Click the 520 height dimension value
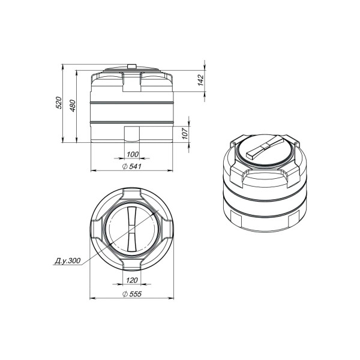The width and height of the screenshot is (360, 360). click(x=59, y=103)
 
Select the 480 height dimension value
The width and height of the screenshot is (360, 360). click(x=73, y=106)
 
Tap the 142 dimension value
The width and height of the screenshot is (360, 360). click(x=200, y=80)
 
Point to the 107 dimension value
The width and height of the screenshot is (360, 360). click(x=185, y=134)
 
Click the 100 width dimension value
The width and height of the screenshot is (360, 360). click(x=133, y=154)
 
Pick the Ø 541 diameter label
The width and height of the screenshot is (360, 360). click(x=132, y=167)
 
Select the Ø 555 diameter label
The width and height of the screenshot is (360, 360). click(x=132, y=294)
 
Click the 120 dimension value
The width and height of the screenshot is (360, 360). click(x=132, y=280)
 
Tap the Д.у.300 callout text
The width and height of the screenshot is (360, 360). click(x=67, y=261)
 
